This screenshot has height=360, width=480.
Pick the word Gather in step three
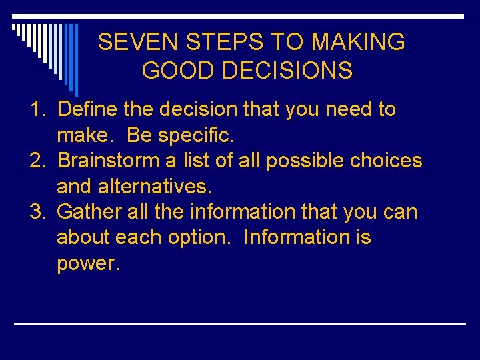(89, 212)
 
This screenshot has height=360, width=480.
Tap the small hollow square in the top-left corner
(15, 27)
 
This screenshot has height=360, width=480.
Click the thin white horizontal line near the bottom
(240, 323)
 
